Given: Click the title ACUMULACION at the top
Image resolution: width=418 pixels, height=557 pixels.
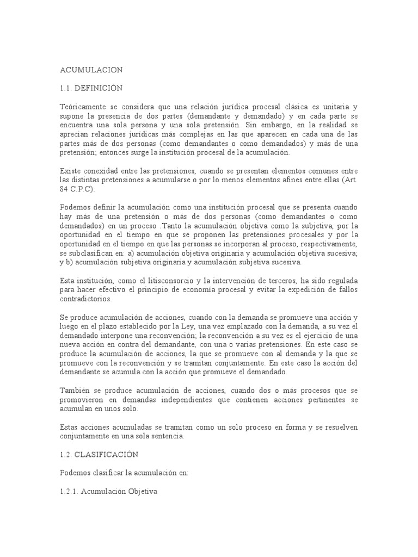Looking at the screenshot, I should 91,70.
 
